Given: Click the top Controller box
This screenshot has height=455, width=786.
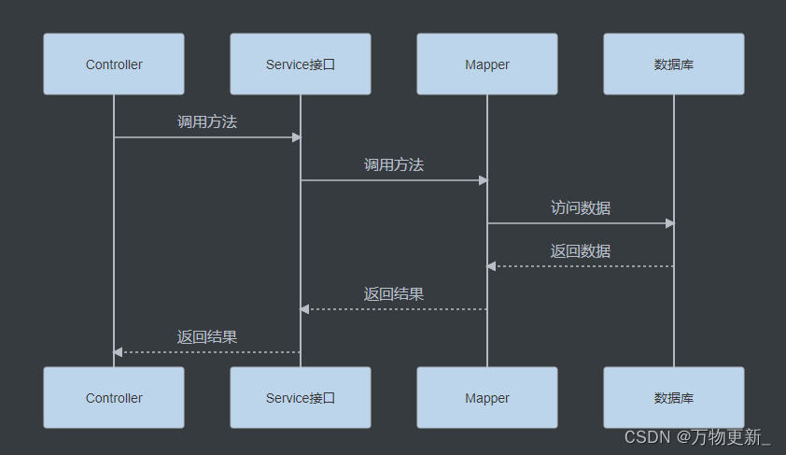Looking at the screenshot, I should [114, 64].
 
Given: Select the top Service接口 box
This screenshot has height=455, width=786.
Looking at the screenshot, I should [301, 64].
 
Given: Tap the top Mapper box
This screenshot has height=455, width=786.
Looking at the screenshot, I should [487, 64].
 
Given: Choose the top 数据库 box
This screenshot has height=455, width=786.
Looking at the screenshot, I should [674, 64].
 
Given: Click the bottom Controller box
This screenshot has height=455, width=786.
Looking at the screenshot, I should [114, 398].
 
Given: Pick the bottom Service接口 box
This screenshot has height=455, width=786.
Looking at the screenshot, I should [301, 398].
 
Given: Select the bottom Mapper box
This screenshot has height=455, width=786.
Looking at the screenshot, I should [487, 398].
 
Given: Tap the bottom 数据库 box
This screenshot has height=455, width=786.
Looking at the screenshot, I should [674, 398].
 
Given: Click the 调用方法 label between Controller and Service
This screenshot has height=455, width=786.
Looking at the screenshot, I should [207, 121].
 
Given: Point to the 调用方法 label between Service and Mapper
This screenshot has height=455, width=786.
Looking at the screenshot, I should [394, 164].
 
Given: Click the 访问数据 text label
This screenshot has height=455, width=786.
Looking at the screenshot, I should [581, 207].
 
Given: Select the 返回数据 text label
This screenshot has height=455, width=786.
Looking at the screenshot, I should [581, 250].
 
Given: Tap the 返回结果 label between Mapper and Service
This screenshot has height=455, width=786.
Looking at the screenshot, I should [394, 293].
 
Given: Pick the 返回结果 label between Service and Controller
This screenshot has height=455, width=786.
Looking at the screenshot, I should [207, 336].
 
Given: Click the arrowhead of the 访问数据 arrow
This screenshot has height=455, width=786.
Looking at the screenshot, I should [669, 223].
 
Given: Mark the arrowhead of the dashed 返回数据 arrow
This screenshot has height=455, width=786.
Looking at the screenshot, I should [492, 266].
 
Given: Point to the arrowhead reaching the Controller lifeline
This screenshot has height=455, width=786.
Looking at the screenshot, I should [119, 352].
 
